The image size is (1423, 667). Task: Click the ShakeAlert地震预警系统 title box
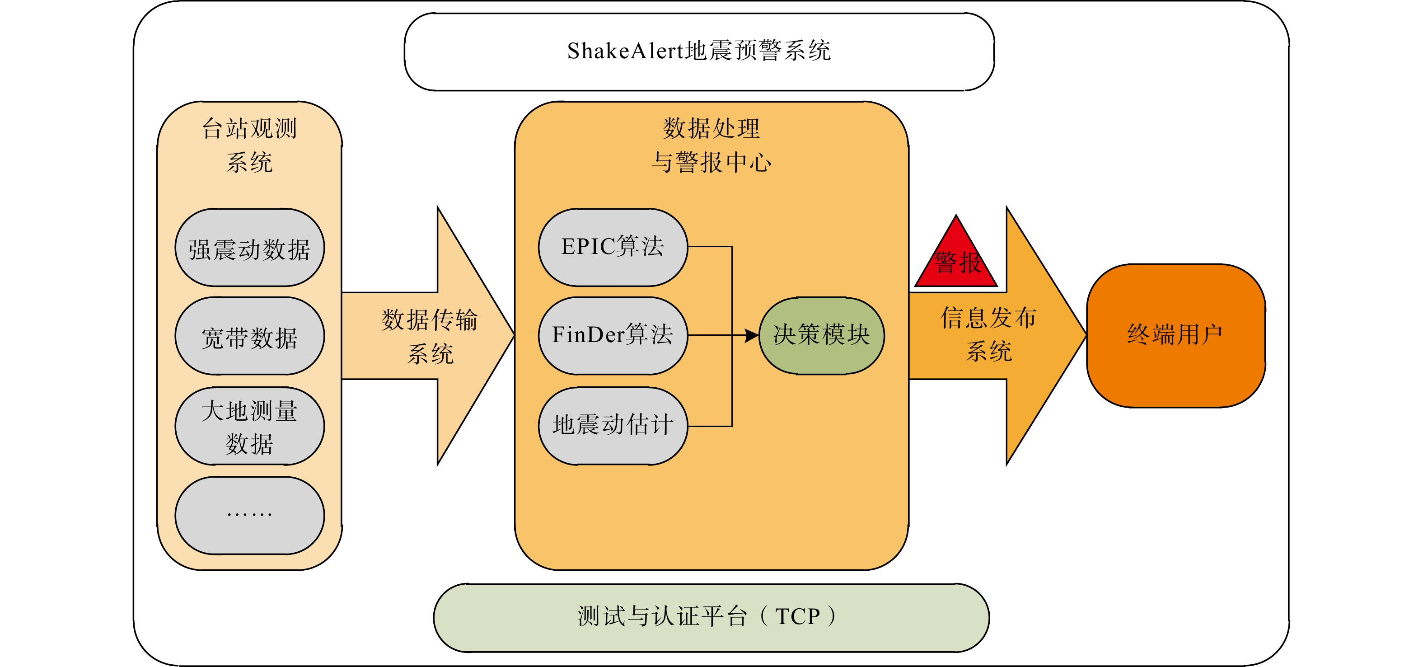(x=699, y=52)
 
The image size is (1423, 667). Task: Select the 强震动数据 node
(x=250, y=248)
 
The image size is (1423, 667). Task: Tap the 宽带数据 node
(x=250, y=336)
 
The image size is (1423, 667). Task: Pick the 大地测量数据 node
(x=250, y=426)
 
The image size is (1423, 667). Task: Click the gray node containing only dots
(x=250, y=516)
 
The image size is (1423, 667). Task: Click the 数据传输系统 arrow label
(x=430, y=337)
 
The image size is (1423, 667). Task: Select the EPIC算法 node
(x=613, y=248)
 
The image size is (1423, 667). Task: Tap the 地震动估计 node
(x=613, y=426)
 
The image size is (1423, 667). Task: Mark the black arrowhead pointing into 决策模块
(x=752, y=335)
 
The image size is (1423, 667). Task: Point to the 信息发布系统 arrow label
(x=989, y=334)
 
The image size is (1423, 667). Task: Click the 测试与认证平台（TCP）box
(x=711, y=618)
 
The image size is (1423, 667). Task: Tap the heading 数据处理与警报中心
(x=711, y=146)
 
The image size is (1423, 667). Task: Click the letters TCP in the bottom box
(x=798, y=617)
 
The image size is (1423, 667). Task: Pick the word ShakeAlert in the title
(x=625, y=51)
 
